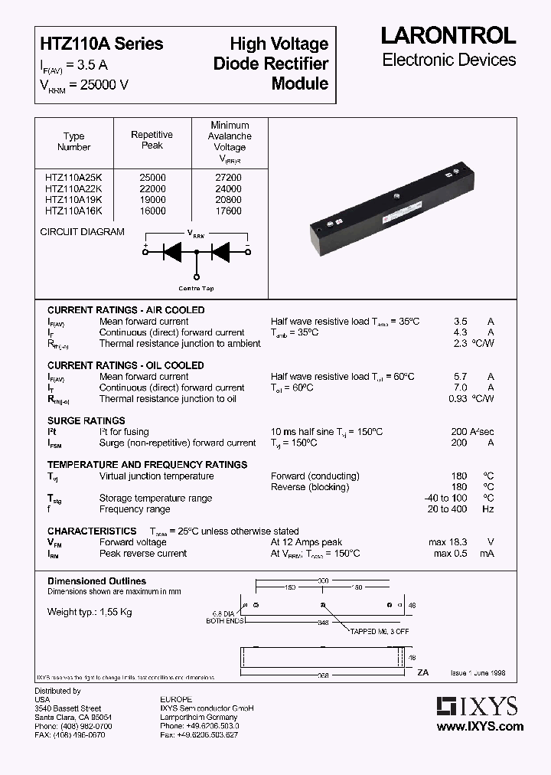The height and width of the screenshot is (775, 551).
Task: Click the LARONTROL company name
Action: (x=448, y=36)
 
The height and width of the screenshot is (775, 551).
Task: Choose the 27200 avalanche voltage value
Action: (x=230, y=178)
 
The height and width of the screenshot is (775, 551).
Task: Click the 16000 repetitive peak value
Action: (x=152, y=211)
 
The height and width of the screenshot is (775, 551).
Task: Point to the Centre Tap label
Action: (x=197, y=289)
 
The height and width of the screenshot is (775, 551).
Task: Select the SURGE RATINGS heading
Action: (x=86, y=420)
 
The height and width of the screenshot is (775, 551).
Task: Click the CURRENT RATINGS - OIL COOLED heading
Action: (x=126, y=365)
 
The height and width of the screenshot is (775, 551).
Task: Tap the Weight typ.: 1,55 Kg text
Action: (x=90, y=612)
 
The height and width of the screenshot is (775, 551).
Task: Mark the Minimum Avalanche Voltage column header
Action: (x=230, y=136)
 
